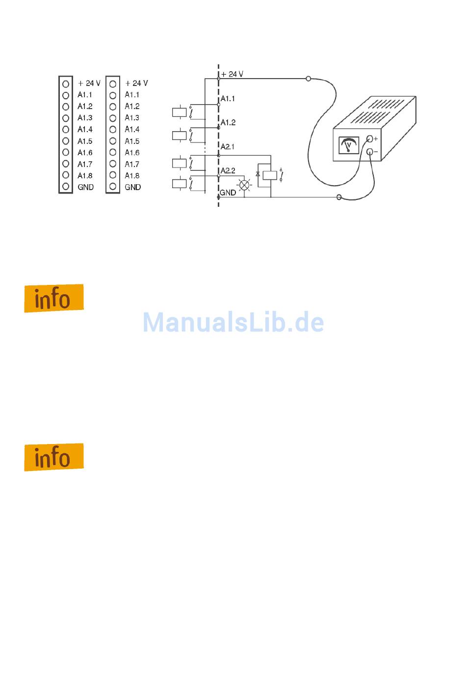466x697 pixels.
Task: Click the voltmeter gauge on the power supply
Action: pos(349,146)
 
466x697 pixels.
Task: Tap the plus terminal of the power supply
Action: pos(370,139)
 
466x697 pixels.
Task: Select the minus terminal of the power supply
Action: pos(370,152)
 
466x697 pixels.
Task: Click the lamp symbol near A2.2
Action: pos(244,185)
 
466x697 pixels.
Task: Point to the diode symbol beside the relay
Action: pos(258,174)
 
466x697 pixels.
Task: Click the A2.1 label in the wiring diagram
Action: pos(228,147)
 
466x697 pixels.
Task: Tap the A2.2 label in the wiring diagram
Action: pos(228,171)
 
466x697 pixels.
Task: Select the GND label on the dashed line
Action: pos(228,193)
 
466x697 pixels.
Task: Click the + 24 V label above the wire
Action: pos(232,74)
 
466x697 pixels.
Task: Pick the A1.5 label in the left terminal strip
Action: pos(85,141)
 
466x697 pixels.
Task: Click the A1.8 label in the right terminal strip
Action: pos(132,175)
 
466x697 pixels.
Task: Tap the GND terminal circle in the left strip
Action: pos(66,187)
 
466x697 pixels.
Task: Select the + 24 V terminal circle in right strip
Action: pos(113,84)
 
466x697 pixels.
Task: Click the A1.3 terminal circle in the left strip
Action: pos(66,118)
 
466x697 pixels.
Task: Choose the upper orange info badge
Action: pos(54,298)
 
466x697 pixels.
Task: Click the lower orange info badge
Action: pos(54,457)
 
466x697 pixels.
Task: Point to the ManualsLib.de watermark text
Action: pos(233,323)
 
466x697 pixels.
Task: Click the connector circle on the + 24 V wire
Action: pos(308,79)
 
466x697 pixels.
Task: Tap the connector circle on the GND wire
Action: pos(339,197)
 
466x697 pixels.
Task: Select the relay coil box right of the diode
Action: pos(270,175)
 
